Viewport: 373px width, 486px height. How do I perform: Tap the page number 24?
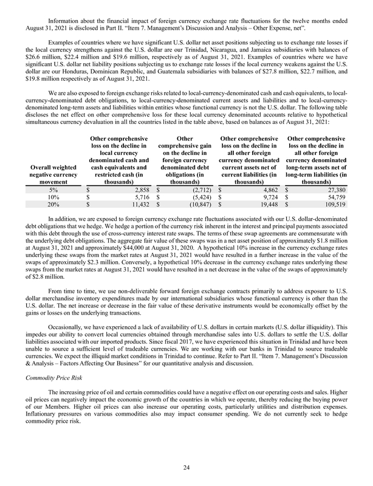tap(187, 467)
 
